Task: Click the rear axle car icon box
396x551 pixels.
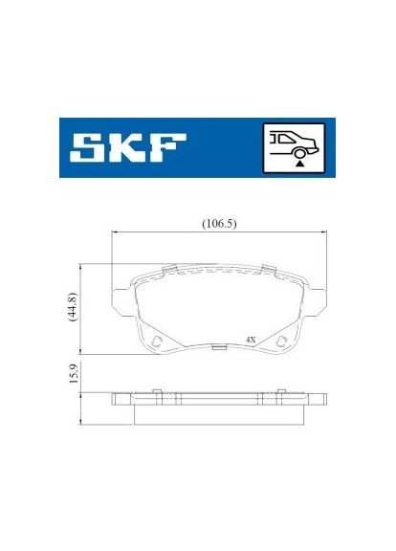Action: [292, 147]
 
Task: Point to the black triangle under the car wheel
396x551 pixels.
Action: [298, 164]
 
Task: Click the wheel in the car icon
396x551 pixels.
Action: [300, 152]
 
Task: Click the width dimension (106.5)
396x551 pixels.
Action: [219, 224]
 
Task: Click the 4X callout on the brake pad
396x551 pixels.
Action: [251, 339]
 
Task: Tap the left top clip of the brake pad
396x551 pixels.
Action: [169, 267]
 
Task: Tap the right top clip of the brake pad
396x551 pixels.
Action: [270, 267]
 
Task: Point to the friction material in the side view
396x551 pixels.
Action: [219, 412]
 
